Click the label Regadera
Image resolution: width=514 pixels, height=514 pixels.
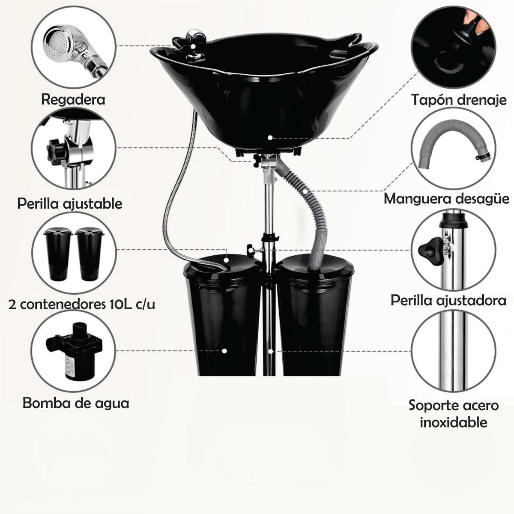tap(73, 100)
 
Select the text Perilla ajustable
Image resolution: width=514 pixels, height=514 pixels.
tap(70, 204)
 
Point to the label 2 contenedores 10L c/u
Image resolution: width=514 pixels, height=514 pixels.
tap(82, 305)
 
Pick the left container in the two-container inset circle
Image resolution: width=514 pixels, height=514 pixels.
tap(58, 253)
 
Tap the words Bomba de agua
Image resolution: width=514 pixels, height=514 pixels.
tap(76, 403)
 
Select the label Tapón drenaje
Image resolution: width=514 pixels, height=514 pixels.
tap(458, 100)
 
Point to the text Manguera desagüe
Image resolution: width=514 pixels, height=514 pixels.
tap(446, 199)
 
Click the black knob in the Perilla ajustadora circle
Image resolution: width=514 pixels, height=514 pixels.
tap(430, 247)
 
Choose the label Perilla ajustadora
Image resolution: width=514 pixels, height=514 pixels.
tap(448, 301)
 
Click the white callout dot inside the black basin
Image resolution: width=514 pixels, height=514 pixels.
tap(270, 137)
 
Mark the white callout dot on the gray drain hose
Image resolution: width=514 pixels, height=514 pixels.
tap(305, 191)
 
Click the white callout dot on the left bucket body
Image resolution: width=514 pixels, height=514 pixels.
tap(224, 351)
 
